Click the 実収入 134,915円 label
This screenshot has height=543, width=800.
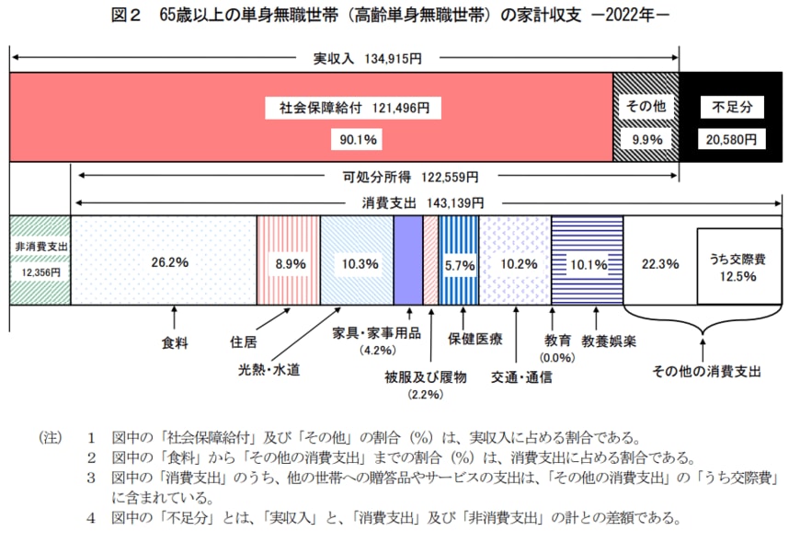click(x=361, y=58)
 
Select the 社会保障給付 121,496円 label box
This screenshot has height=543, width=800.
click(x=354, y=108)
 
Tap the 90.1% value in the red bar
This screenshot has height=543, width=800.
click(x=354, y=139)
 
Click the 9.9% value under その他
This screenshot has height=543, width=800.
click(x=646, y=139)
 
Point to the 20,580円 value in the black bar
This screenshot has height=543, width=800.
click(x=732, y=139)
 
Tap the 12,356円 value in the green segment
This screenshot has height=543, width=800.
click(x=40, y=271)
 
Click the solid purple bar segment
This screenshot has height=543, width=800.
click(x=407, y=261)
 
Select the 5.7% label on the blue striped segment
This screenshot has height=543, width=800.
click(x=459, y=264)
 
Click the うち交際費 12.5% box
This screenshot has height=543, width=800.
click(x=739, y=267)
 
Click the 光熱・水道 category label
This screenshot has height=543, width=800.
click(x=269, y=370)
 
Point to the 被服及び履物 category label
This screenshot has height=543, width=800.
click(x=426, y=376)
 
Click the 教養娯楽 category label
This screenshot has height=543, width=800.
click(x=609, y=340)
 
